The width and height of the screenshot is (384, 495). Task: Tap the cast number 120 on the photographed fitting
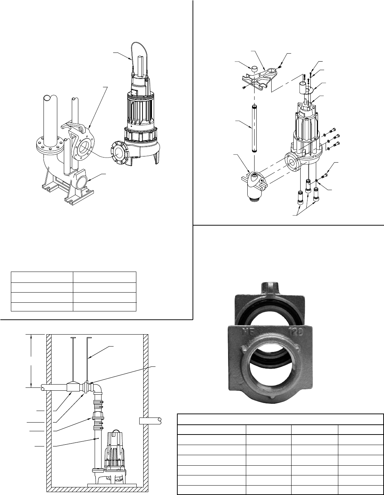(302, 330)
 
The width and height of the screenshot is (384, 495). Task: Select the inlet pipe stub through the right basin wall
(150, 420)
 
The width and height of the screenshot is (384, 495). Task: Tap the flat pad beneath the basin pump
(112, 484)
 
